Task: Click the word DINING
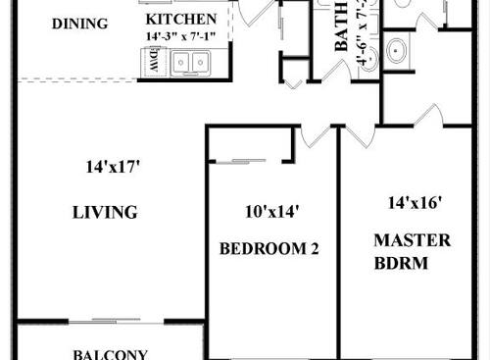point(79,23)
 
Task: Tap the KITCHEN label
point(181,20)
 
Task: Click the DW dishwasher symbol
point(154,62)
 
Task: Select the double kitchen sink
point(192,63)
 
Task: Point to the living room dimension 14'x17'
point(113,167)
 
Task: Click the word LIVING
point(105,212)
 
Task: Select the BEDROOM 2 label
point(269,248)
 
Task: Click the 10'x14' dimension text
point(271,210)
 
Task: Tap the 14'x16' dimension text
point(415,203)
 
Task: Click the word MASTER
point(412,240)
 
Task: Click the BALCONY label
point(110,354)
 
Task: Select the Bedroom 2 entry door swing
point(316,135)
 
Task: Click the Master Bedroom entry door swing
point(429,117)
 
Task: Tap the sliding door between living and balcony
point(117,321)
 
